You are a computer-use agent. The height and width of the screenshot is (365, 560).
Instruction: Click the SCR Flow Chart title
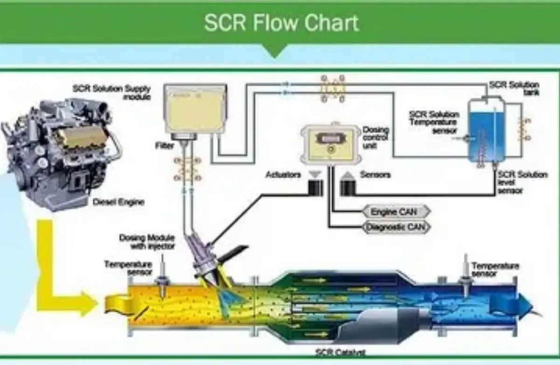tap(281, 23)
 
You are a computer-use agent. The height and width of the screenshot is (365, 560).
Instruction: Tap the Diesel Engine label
tap(119, 202)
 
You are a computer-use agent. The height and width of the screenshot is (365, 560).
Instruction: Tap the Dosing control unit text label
tap(376, 137)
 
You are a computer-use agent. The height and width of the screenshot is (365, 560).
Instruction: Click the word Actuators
tap(283, 175)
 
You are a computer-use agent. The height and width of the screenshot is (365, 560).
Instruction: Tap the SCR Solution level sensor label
tap(522, 182)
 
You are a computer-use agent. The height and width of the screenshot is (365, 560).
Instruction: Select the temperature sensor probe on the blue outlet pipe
tap(465, 275)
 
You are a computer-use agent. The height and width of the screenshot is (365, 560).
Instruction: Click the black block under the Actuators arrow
tap(315, 188)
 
